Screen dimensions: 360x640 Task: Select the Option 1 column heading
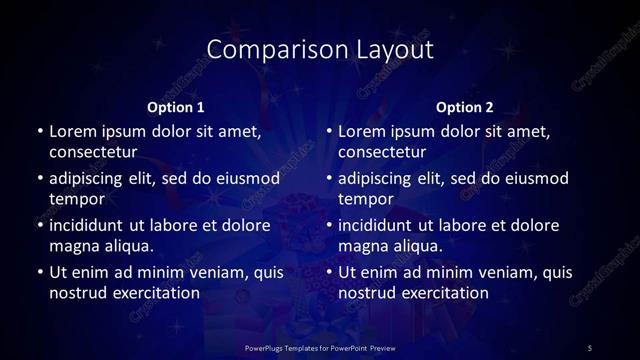pyautogui.click(x=176, y=107)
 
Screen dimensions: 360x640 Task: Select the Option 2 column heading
pyautogui.click(x=465, y=107)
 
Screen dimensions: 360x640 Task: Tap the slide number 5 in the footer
pyautogui.click(x=589, y=347)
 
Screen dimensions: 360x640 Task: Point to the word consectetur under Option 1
pyautogui.click(x=93, y=151)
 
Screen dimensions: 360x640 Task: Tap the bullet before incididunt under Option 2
pyautogui.click(x=328, y=225)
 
